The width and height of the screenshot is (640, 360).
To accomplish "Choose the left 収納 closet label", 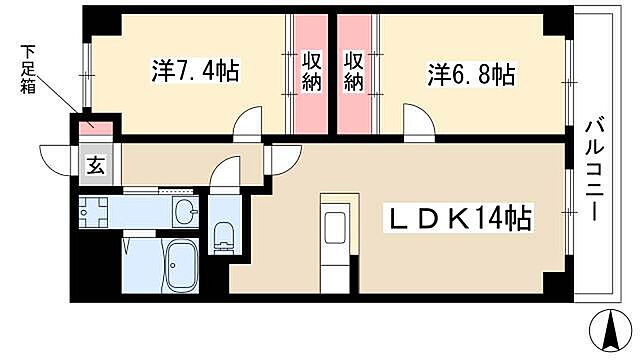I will pos(311,73).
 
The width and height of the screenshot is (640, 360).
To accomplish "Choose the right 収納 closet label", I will pos(353,73).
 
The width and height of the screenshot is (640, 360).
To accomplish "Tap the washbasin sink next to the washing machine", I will pos(184,212).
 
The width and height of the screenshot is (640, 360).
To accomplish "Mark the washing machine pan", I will pos(97,213).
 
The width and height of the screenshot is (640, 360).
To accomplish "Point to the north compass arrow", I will pos(605,327).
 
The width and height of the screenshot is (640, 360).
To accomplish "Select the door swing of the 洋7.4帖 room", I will pos(248,126).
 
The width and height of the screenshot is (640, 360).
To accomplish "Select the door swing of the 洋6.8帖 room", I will pos(418,125).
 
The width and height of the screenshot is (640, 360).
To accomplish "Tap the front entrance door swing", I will pos(57,158).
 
